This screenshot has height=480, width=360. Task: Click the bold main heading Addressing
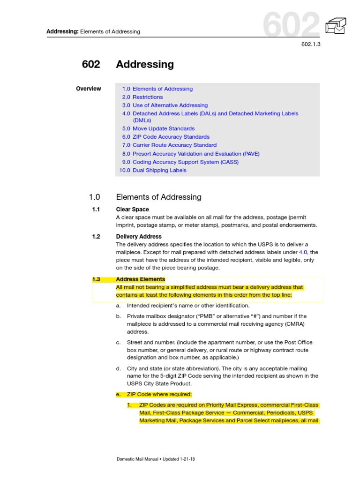click(x=145, y=64)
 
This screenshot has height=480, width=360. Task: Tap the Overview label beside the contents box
click(x=88, y=89)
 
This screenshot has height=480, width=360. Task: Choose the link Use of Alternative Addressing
click(x=170, y=105)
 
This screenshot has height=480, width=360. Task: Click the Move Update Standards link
click(x=163, y=128)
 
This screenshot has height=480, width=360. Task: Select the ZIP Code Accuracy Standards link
click(x=171, y=137)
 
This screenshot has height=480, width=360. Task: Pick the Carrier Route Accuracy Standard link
click(x=174, y=145)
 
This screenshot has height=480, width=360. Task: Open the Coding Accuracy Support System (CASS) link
click(x=185, y=162)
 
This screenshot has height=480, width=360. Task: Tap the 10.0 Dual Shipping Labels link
click(x=153, y=171)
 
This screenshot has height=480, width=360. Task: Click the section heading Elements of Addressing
click(x=158, y=197)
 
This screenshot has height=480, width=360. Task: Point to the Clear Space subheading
click(x=132, y=210)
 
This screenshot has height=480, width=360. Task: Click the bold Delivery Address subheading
click(x=139, y=237)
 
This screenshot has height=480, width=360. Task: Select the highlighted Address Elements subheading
click(x=141, y=280)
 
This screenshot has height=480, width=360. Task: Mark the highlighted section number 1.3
click(x=96, y=280)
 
